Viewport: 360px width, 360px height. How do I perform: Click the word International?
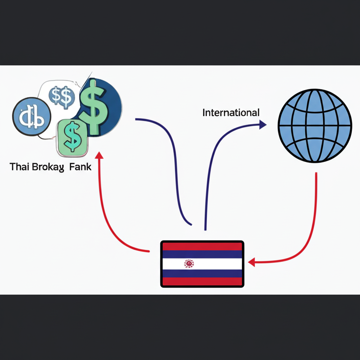point(231,113)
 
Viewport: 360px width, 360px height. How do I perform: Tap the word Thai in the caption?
point(20,167)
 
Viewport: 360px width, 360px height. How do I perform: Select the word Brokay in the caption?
point(49,167)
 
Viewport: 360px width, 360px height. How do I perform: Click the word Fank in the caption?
point(80,167)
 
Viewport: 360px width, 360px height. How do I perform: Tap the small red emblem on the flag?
point(189,263)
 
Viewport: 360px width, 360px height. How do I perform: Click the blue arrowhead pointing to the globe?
point(262,124)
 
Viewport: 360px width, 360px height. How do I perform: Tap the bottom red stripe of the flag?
point(202,281)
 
